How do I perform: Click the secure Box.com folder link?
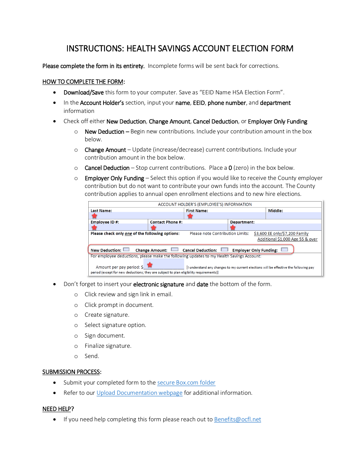pos(186,383)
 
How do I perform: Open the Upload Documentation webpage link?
pos(139,393)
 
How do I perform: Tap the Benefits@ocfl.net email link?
pos(238,419)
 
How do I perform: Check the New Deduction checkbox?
pos(127,250)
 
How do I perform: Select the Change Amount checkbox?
pos(175,250)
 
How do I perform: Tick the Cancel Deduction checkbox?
pos(224,250)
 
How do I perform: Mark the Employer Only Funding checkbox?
pos(284,250)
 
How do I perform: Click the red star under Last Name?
pos(94,216)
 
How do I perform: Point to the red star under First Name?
pos(190,216)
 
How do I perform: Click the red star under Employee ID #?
pos(94,228)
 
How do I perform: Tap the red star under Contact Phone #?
pos(153,228)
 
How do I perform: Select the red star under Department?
pos(233,228)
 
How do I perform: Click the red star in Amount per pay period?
pos(150,265)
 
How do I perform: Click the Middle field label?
pos(275,211)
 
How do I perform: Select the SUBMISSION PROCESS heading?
pos(71,372)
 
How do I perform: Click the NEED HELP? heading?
pos(58,409)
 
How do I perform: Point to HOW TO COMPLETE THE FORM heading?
pos(83,82)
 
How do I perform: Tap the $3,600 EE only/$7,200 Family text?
pos(281,234)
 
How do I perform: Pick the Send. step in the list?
pos(92,356)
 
